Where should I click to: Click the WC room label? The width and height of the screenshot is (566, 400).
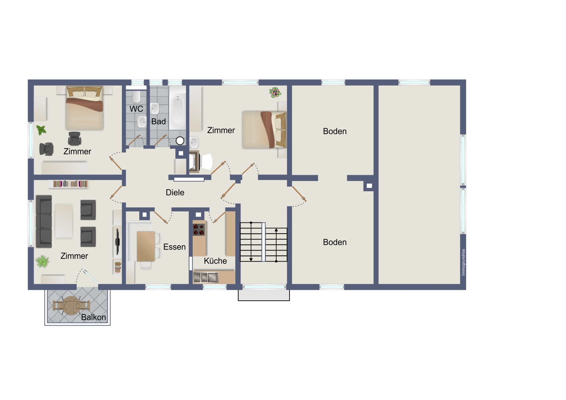[136, 109]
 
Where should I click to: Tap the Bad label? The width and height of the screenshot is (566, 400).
[158, 121]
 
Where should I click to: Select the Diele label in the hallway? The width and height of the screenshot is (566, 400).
[175, 192]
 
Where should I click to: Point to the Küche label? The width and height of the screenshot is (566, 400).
[215, 261]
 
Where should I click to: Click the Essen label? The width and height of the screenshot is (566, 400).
[174, 247]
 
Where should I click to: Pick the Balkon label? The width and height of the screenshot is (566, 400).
[93, 317]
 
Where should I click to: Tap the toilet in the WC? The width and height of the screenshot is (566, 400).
[136, 96]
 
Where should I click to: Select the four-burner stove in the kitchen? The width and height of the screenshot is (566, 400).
[199, 229]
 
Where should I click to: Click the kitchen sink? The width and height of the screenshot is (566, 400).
[206, 277]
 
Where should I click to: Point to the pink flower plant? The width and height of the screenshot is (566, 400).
[275, 93]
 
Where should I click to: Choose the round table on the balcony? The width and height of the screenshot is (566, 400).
[71, 306]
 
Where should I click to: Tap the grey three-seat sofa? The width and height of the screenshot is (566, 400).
[44, 221]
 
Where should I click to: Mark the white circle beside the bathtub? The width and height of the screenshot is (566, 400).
[180, 141]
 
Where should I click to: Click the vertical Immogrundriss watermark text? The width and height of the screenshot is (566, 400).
[463, 262]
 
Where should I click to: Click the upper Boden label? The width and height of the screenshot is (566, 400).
[335, 131]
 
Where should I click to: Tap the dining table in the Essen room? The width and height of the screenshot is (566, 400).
[146, 246]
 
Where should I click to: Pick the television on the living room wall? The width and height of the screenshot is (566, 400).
[117, 241]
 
